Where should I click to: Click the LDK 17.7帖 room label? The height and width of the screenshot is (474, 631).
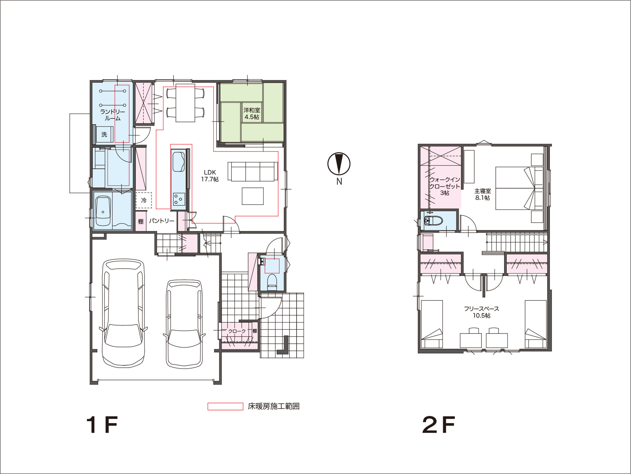pos(210,176)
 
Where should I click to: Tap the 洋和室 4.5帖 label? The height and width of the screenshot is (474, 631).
pos(252,114)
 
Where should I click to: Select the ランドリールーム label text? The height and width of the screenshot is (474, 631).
pos(113,115)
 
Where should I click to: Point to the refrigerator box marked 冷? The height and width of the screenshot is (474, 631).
pos(144,201)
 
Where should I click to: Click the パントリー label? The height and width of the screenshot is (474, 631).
pos(162,221)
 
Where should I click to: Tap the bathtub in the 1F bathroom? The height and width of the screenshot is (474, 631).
pos(103,211)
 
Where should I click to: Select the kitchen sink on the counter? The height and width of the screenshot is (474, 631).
pos(178,161)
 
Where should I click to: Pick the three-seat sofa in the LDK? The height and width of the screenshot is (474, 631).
pos(253,171)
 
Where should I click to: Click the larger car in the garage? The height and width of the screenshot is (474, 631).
pos(123,313)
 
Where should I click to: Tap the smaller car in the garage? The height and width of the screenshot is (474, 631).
pos(184,324)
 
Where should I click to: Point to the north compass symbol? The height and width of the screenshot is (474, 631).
pos(339,164)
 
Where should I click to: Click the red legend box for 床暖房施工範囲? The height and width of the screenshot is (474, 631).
pos(225,407)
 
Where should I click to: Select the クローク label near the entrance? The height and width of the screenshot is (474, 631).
pos(237,331)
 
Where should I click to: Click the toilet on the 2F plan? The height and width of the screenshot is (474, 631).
pos(433,221)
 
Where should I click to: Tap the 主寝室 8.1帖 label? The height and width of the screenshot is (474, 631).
pos(483,194)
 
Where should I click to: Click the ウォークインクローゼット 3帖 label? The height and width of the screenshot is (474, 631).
pos(445,186)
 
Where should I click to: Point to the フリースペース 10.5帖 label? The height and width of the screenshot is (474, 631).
pos(481,312)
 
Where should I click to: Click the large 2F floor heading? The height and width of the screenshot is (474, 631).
pos(439,425)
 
